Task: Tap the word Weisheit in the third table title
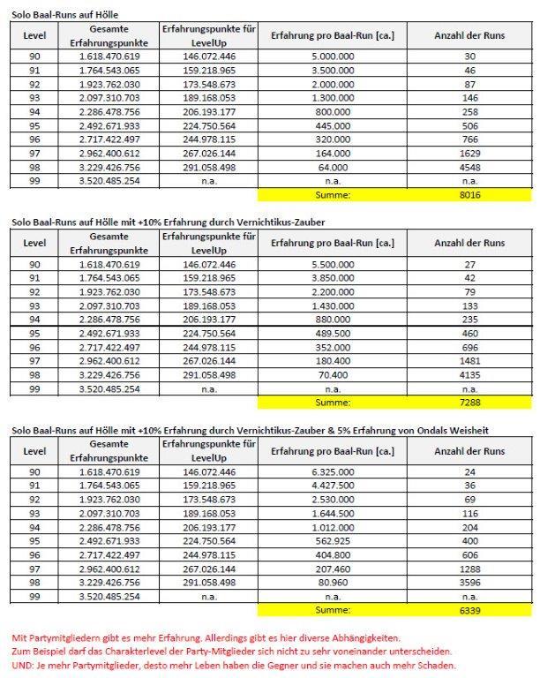[463, 429]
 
